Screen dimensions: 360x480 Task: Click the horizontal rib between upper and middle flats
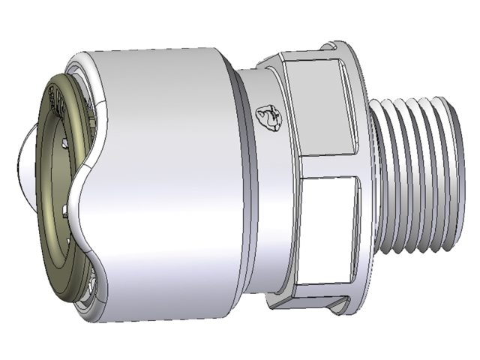[322, 160]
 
